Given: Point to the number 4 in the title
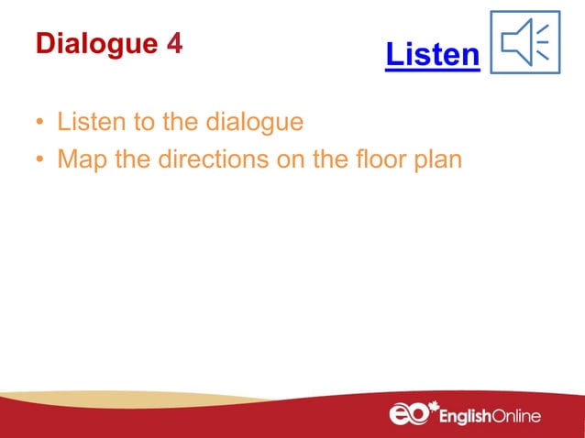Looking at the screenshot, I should [x=172, y=44].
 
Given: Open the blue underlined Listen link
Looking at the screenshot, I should [x=432, y=56].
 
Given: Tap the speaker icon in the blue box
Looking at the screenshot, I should [x=524, y=42].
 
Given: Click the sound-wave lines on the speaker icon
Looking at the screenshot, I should [x=542, y=42].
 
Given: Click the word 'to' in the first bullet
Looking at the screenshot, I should [x=144, y=122].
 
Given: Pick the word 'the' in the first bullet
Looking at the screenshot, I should [x=182, y=122].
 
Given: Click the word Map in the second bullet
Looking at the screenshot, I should [x=80, y=160].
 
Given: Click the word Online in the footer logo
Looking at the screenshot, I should [x=517, y=416].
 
